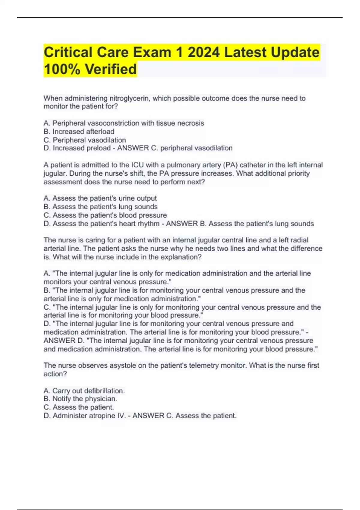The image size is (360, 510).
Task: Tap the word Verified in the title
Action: pos(111,69)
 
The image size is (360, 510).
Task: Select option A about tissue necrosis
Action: pos(124,123)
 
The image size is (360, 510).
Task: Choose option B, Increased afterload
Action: pos(79,131)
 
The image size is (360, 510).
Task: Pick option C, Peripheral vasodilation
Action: pos(85,140)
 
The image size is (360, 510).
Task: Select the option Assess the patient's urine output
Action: pos(100,198)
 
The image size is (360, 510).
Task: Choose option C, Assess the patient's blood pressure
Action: pos(105,215)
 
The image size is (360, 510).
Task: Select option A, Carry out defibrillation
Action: pos(84,391)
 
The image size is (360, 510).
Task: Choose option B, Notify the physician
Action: pos(80,399)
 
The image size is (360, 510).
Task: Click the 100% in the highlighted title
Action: pos(62,69)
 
